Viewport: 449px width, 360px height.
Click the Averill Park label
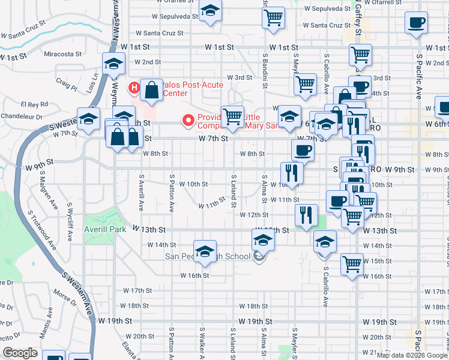pyautogui.click(x=105, y=229)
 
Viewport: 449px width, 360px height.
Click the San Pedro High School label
pyautogui.click(x=207, y=257)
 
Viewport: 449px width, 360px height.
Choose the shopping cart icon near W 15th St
pyautogui.click(x=352, y=263)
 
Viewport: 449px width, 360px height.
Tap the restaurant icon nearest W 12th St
pyautogui.click(x=307, y=214)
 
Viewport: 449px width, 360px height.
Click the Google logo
pyautogui.click(x=20, y=353)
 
